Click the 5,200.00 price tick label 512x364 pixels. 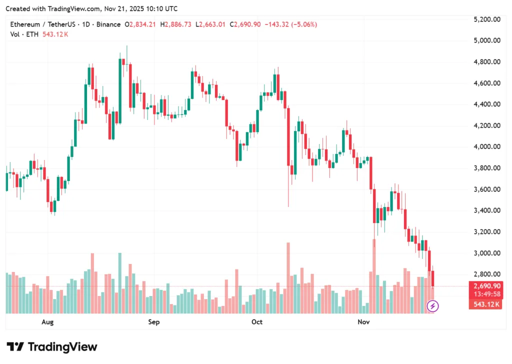click(486, 19)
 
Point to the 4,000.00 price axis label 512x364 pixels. click(486, 147)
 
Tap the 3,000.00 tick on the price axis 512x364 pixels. click(486, 253)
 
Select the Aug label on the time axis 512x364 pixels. click(47, 322)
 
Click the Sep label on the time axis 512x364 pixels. click(154, 322)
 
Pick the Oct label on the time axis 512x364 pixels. click(257, 322)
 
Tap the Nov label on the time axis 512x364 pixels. click(364, 322)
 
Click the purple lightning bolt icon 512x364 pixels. click(432, 305)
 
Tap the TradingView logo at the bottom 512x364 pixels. click(51, 347)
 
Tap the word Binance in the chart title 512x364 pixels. click(108, 24)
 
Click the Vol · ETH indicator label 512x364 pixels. click(26, 34)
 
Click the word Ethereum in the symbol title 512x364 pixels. click(25, 24)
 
